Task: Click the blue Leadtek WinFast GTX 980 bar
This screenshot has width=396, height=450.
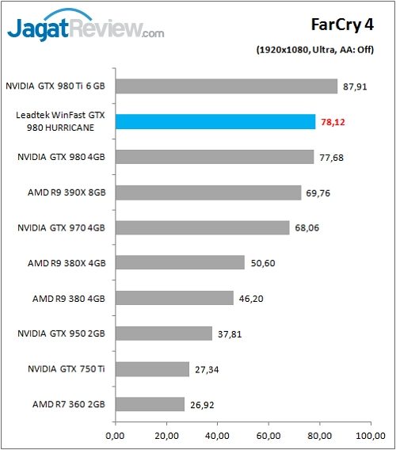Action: [x=215, y=121]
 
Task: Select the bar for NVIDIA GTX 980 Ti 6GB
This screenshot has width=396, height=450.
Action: [x=227, y=86]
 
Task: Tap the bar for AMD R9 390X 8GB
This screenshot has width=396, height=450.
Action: [x=208, y=193]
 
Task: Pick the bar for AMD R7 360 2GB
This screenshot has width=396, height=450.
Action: [x=150, y=404]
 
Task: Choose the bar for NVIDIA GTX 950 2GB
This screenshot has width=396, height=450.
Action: [x=164, y=334]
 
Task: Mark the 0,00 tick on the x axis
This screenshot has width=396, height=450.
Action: [x=116, y=436]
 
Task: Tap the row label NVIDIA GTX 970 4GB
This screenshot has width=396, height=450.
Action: [x=61, y=228]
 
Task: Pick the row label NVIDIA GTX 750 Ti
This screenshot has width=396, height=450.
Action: [x=64, y=369]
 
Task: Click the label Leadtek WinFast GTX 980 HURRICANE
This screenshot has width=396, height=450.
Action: [x=60, y=122]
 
